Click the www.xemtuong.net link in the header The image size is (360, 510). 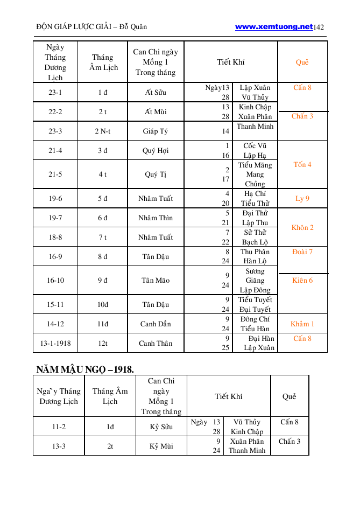[273, 26]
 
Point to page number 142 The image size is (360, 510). [319, 27]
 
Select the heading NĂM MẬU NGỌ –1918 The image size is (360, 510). [85, 369]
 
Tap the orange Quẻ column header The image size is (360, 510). [302, 62]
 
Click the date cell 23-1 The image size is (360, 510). [55, 92]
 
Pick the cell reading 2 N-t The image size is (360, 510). [102, 131]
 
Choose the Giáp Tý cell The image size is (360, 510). [156, 131]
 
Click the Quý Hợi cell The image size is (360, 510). [156, 151]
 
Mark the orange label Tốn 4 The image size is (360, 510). [302, 164]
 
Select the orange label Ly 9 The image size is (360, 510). [302, 199]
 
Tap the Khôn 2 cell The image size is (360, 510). [302, 228]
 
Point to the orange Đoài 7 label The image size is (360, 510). [302, 251]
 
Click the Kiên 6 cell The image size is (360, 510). [302, 281]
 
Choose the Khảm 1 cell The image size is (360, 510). [302, 324]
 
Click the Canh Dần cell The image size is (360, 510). [156, 324]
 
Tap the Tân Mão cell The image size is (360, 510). [156, 281]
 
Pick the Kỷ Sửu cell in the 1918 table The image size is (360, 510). [161, 427]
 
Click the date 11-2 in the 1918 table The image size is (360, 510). [59, 427]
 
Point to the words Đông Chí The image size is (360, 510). [255, 319]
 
